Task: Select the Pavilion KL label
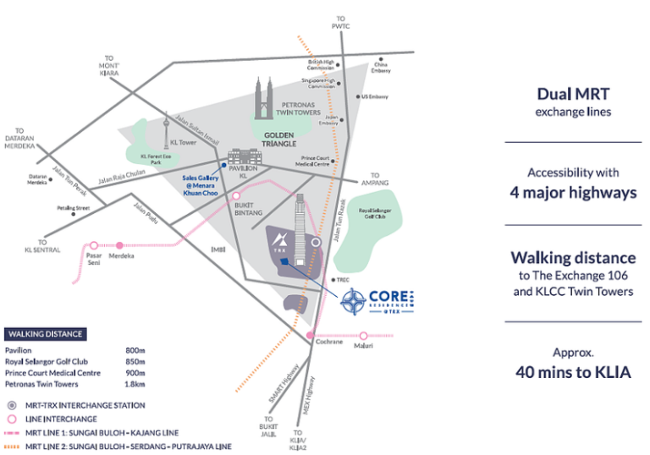coord(245,172)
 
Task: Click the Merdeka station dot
coord(119,244)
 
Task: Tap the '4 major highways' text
coord(573,192)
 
